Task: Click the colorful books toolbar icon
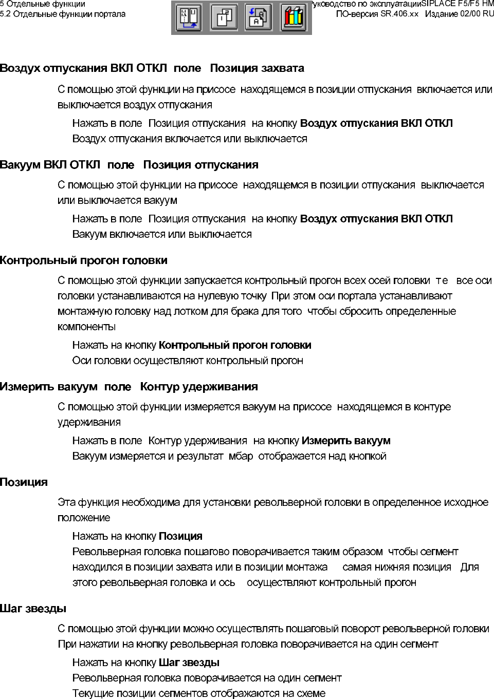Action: click(294, 18)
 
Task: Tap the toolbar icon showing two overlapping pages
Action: click(224, 18)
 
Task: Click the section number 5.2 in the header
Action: click(6, 14)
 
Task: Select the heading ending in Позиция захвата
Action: click(152, 68)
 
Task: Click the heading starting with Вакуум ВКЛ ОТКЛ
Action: click(129, 165)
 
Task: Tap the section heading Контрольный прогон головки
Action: click(84, 260)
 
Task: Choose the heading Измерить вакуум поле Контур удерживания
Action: click(129, 387)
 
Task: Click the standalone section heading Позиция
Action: click(24, 482)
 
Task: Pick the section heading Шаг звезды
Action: click(33, 609)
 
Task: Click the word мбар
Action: click(241, 456)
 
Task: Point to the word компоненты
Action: click(86, 327)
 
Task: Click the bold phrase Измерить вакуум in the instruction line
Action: click(346, 441)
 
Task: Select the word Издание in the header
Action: click(442, 14)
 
